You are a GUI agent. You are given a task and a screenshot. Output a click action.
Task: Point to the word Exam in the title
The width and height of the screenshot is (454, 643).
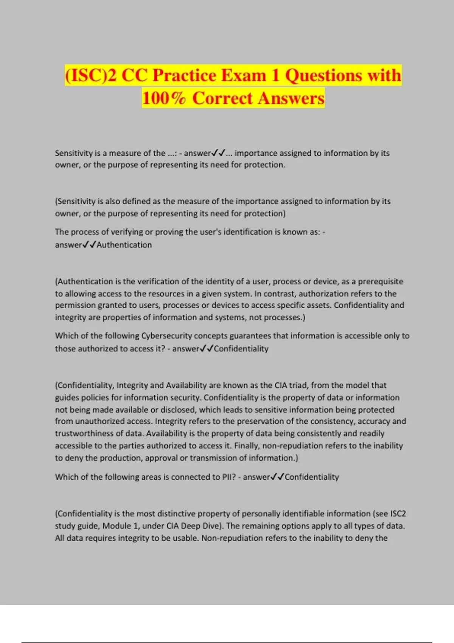(244, 75)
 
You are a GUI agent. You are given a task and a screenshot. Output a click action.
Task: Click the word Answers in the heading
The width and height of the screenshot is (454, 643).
(291, 98)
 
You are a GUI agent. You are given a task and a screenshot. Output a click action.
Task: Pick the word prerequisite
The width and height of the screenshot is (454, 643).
(380, 281)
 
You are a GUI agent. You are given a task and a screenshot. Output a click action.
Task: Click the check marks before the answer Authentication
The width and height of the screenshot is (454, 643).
(89, 245)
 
